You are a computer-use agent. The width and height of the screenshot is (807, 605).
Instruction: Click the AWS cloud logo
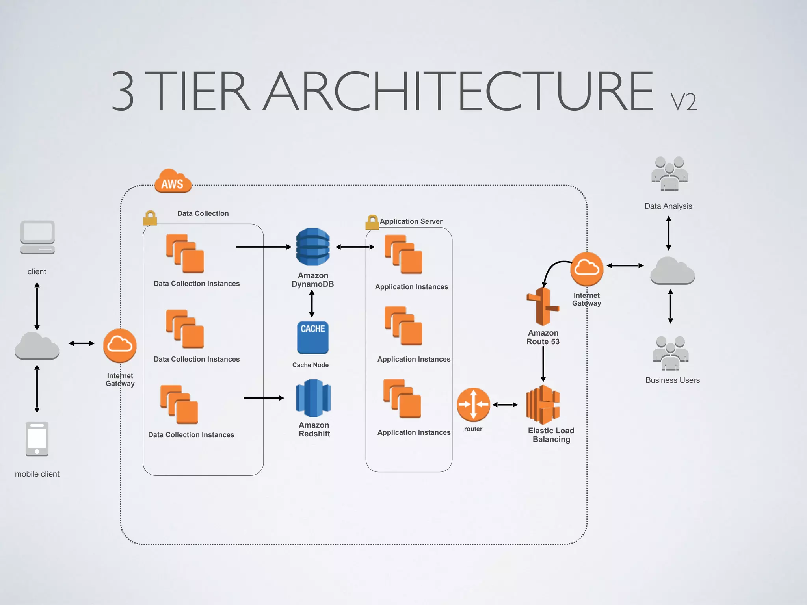click(173, 181)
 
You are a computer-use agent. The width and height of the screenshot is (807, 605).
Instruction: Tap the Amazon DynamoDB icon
click(313, 247)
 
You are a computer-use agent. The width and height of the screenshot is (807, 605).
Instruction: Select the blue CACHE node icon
click(312, 338)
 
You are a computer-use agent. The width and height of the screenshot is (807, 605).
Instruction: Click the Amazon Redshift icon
click(313, 398)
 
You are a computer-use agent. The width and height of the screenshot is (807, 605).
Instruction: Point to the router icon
click(473, 405)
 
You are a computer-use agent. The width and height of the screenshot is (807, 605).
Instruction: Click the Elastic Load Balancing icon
click(543, 405)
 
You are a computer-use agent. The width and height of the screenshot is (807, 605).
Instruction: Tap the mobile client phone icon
click(37, 439)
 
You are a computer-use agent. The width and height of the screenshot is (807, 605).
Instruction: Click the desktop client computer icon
click(37, 238)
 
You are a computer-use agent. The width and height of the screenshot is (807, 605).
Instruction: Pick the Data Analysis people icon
click(669, 174)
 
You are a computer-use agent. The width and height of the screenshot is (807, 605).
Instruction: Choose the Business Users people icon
click(670, 353)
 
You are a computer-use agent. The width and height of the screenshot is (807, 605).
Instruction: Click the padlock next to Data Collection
click(150, 218)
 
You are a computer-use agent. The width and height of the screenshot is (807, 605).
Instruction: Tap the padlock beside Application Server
click(372, 222)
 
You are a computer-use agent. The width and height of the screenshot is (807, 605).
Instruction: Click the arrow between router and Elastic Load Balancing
click(505, 405)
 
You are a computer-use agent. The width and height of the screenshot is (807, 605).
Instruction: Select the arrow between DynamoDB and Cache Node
click(312, 304)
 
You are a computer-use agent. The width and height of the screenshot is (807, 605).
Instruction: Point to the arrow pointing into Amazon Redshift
click(264, 398)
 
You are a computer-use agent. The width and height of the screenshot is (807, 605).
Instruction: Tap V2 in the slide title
click(684, 102)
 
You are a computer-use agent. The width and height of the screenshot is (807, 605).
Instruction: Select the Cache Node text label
click(311, 365)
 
